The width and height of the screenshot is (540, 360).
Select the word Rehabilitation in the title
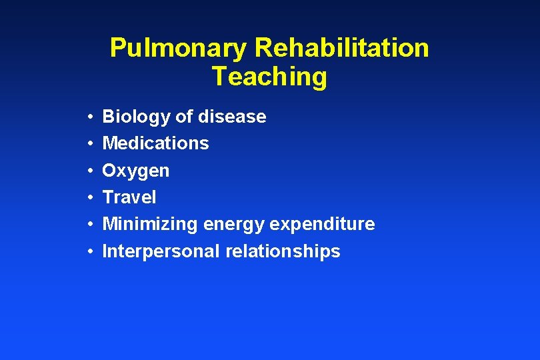coord(341,48)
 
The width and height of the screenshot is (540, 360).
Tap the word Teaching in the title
coord(269,77)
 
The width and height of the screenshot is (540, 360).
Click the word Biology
coord(136,117)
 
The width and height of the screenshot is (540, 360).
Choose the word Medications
coord(155,143)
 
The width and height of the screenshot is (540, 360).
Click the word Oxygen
coord(135,171)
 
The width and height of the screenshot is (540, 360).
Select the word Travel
coord(129,197)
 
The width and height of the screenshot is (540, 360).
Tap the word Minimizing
coord(150,225)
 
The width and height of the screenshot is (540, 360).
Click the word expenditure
coord(322,225)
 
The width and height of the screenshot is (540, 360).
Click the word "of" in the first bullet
coord(183,117)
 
